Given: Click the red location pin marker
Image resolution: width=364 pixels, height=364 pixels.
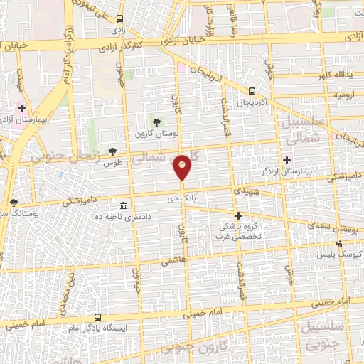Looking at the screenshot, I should [183, 166].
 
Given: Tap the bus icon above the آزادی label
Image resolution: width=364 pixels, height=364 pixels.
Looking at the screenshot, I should [119, 18].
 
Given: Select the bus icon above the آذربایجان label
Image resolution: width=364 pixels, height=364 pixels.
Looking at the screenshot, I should [252, 90].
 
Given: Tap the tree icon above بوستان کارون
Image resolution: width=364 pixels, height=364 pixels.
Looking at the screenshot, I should [156, 122].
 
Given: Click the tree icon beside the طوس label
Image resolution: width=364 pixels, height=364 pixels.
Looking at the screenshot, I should [113, 151].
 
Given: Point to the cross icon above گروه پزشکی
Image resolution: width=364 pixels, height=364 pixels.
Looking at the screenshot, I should [238, 215].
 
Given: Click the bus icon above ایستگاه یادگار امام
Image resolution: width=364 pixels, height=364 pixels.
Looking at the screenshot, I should [97, 317].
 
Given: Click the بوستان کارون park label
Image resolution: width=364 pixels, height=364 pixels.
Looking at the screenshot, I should [156, 134].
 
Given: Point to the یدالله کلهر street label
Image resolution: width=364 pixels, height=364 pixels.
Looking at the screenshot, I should [331, 74].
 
